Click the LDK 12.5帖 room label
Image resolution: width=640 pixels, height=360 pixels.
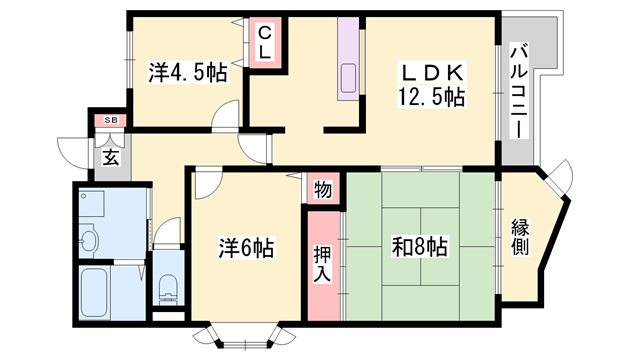pos(431,85)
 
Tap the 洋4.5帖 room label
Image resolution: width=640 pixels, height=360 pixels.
pos(187,73)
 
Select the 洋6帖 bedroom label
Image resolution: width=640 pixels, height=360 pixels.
pos(246,247)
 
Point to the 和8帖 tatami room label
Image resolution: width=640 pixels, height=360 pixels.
pos(420,246)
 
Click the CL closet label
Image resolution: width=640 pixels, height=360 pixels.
pos(265,42)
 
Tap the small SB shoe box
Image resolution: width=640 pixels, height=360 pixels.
pos(111,120)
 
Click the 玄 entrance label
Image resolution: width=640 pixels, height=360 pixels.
pos(111,157)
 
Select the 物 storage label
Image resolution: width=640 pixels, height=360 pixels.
pos(323,190)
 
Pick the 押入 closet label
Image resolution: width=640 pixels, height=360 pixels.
pos(323,264)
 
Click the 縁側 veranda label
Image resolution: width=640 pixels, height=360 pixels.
pos(520,237)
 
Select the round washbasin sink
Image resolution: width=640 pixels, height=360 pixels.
pos(88,241)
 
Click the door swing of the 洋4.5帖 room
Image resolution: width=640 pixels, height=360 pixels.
pos(224,115)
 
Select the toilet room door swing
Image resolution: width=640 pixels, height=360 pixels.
pos(167,232)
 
